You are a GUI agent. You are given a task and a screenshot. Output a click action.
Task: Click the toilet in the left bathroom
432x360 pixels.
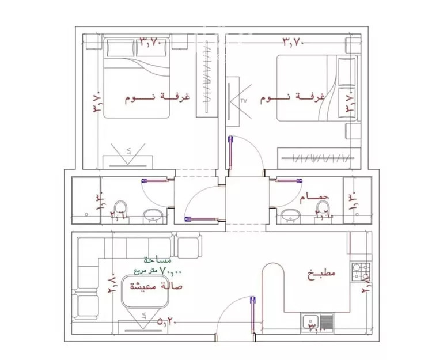pyautogui.click(x=121, y=208)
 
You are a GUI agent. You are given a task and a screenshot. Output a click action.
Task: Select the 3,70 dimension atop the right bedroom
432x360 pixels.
pyautogui.click(x=292, y=41)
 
